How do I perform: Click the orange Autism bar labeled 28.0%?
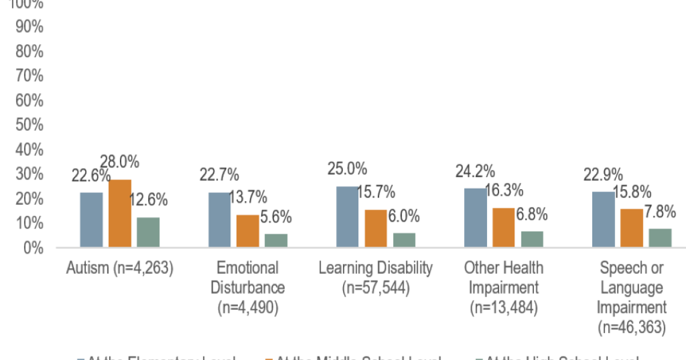click(x=119, y=214)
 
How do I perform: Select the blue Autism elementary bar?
click(x=91, y=220)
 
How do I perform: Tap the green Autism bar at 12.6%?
click(x=147, y=233)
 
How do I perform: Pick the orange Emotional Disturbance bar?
click(x=248, y=231)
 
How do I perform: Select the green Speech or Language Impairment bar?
click(x=660, y=238)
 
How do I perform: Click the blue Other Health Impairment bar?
click(x=476, y=218)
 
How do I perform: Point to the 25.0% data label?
click(x=347, y=169)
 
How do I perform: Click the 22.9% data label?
click(x=603, y=175)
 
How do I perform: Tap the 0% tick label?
click(x=33, y=248)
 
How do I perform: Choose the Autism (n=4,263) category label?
click(x=119, y=268)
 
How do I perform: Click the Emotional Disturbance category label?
click(x=248, y=287)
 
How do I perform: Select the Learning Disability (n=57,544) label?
click(x=376, y=278)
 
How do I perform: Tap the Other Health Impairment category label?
click(x=504, y=287)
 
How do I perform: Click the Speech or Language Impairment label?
click(x=632, y=297)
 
